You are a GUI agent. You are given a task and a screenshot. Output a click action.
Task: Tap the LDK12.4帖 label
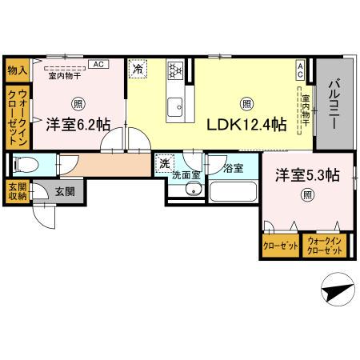pyautogui.click(x=247, y=125)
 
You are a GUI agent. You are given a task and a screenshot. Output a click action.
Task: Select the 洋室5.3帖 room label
pyautogui.click(x=306, y=175)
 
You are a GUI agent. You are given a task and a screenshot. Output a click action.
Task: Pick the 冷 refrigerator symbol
pyautogui.click(x=138, y=69)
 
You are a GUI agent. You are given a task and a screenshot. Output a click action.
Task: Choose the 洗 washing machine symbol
pyautogui.click(x=164, y=163)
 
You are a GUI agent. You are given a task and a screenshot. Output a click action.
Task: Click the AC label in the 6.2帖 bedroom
pyautogui.click(x=98, y=65)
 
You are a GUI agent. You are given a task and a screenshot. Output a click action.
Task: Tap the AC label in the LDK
pyautogui.click(x=301, y=70)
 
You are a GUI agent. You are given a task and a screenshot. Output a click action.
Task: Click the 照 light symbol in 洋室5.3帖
pyautogui.click(x=306, y=195)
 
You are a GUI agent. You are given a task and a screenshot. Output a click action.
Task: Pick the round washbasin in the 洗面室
pyautogui.click(x=193, y=190)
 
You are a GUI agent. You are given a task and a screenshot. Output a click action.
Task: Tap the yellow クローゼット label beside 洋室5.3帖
pyautogui.click(x=281, y=246)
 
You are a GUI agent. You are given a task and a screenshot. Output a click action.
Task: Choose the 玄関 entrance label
pyautogui.click(x=64, y=192)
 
